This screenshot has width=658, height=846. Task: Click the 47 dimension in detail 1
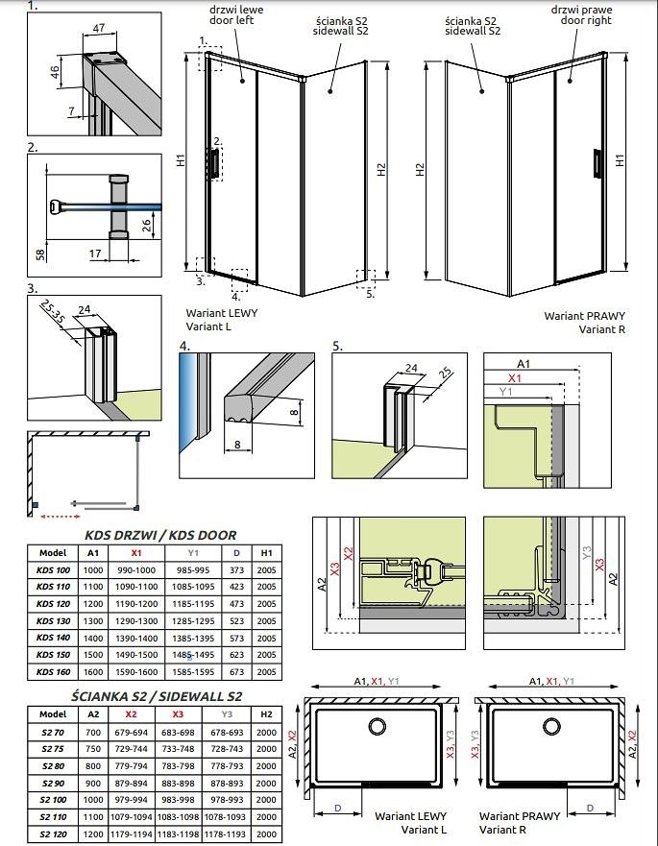click(x=99, y=28)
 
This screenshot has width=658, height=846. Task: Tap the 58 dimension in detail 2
click(x=40, y=254)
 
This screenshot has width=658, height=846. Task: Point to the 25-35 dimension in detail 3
click(x=52, y=313)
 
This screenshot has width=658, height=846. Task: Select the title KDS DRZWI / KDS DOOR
click(x=160, y=535)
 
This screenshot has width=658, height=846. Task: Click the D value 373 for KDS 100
click(x=236, y=569)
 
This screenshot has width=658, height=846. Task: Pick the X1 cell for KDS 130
click(x=136, y=621)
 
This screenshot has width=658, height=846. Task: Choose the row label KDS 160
click(x=54, y=672)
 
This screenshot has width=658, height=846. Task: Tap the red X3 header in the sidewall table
click(x=178, y=713)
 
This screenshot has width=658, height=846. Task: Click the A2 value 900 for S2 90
click(x=93, y=783)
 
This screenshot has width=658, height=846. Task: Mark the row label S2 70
click(x=53, y=732)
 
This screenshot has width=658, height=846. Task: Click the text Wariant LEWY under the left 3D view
click(x=222, y=313)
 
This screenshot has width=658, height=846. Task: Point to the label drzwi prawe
click(x=581, y=10)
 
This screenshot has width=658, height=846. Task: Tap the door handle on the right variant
click(x=597, y=162)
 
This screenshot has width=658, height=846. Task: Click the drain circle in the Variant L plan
click(x=377, y=726)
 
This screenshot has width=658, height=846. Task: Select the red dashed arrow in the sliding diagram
click(x=61, y=517)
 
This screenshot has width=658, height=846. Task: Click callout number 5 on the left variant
click(x=370, y=294)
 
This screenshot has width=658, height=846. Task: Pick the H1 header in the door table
click(x=266, y=553)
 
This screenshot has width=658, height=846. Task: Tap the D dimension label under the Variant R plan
click(x=590, y=808)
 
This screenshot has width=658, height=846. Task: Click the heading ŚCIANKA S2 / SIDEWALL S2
click(x=157, y=696)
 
